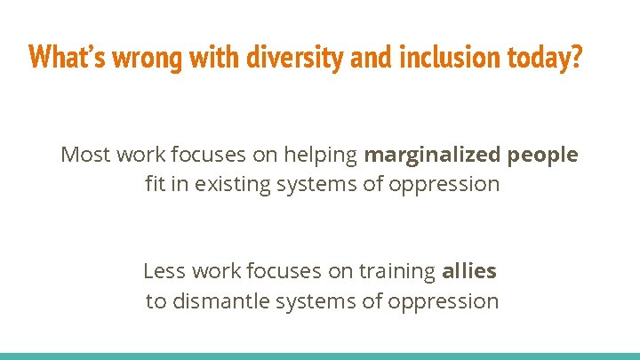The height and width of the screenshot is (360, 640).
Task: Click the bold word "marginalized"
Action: point(431,156)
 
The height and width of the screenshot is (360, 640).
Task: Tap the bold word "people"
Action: point(542,156)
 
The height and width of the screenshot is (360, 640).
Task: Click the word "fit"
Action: point(156,185)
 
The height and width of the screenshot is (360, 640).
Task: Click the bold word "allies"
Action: point(469,271)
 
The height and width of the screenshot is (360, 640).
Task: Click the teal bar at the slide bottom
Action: point(320,356)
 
